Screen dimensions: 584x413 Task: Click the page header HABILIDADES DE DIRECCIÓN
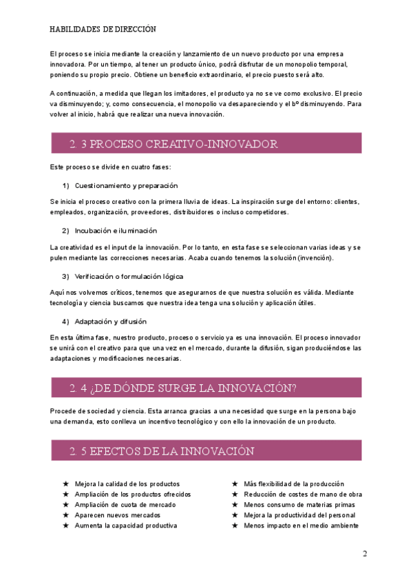(x=103, y=30)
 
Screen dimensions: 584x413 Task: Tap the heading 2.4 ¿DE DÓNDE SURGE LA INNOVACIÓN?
(x=182, y=388)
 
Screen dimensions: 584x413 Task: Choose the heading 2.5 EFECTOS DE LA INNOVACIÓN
(x=162, y=452)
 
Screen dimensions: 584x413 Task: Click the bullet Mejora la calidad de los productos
(x=127, y=484)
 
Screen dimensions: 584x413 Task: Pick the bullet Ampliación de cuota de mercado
(x=125, y=505)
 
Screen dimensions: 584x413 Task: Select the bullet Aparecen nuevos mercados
(x=117, y=515)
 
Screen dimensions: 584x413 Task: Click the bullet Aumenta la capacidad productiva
(x=125, y=525)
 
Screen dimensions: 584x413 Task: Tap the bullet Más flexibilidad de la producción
(x=294, y=484)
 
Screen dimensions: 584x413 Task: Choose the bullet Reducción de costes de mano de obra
(x=303, y=494)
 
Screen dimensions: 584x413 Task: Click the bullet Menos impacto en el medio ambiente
(x=301, y=525)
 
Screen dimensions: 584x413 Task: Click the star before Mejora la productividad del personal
(x=235, y=515)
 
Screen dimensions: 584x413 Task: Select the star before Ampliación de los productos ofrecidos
(x=65, y=494)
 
